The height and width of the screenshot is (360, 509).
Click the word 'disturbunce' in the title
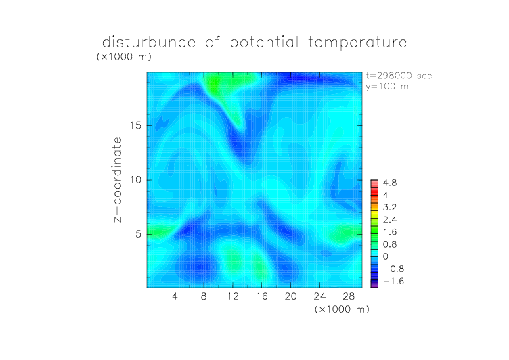(149, 42)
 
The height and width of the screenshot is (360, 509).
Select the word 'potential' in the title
(264, 43)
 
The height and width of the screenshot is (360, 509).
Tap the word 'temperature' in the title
(357, 43)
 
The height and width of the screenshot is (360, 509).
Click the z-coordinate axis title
(118, 179)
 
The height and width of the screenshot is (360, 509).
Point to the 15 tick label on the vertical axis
(135, 125)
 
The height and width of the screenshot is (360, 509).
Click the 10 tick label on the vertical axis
(135, 180)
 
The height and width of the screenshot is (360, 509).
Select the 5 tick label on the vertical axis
(139, 234)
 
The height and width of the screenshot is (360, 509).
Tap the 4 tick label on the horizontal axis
(175, 296)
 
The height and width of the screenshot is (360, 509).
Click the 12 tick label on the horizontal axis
(233, 296)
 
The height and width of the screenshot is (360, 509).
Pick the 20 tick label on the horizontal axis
(290, 296)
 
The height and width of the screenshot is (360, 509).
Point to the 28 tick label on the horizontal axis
(349, 296)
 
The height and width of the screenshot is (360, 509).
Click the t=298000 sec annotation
(399, 76)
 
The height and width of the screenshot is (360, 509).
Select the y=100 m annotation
(387, 87)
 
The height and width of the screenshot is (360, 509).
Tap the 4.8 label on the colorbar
(390, 183)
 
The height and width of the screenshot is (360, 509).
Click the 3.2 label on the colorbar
(390, 208)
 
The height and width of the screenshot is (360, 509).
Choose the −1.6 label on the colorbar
(393, 281)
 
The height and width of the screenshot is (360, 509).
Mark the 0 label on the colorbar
(385, 256)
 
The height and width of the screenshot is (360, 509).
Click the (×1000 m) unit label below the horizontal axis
(342, 309)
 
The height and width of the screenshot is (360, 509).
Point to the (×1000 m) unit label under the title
(124, 57)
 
